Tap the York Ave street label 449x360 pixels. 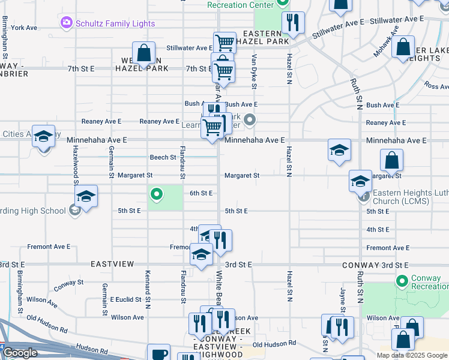click(x=24, y=28)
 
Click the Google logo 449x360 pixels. click(x=20, y=353)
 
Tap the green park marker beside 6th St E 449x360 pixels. click(x=157, y=194)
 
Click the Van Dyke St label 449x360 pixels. click(x=255, y=71)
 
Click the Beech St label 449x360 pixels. click(x=163, y=158)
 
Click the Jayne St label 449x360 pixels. click(x=343, y=296)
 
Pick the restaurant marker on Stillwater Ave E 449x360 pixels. click(x=292, y=23)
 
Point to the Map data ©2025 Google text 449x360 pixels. click(x=412, y=355)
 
